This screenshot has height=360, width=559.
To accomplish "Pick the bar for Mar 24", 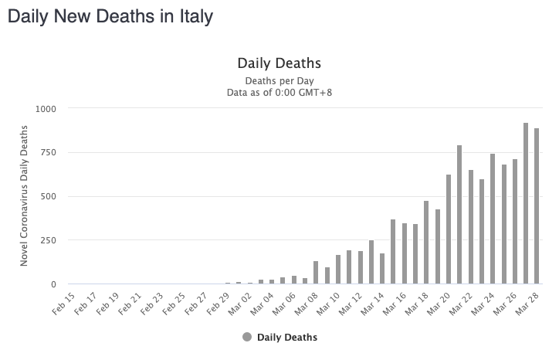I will click(493, 219).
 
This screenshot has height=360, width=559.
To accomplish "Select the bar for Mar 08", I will click(316, 273).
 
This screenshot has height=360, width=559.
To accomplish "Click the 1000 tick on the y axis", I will click(46, 109).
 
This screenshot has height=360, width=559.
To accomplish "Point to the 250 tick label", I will click(48, 240).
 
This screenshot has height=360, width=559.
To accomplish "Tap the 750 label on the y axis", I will click(48, 153).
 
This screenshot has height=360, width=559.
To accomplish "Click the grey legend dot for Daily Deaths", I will click(247, 337).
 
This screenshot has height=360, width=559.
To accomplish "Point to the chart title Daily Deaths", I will click(279, 63).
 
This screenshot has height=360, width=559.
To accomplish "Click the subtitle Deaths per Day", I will click(279, 80).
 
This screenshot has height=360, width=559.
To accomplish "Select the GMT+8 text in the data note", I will click(316, 93).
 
